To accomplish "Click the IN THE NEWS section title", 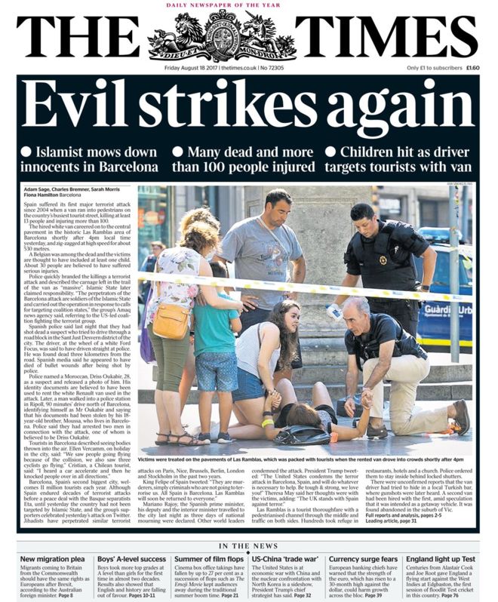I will [249, 545].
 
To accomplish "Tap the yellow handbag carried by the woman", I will [170, 321].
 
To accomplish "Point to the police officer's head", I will [362, 217].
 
